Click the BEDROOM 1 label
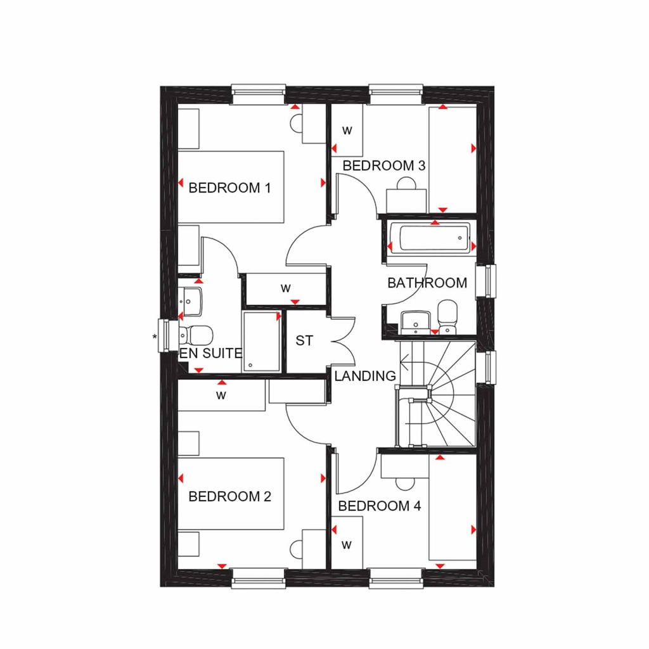pos(229,188)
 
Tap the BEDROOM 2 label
pos(229,496)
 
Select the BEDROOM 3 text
pos(383,166)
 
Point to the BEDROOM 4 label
pos(379,506)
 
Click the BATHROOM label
pos(427,283)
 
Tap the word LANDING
pos(365,376)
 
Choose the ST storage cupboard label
pos(304,340)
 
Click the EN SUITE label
pos(210,354)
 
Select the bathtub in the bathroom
pos(430,238)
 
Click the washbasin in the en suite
pos(190,299)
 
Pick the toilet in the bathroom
pos(447,316)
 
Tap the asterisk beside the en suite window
pos(155,337)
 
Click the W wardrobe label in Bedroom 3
pos(347,131)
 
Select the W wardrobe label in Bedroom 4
pos(347,544)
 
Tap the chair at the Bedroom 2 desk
pos(296,549)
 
